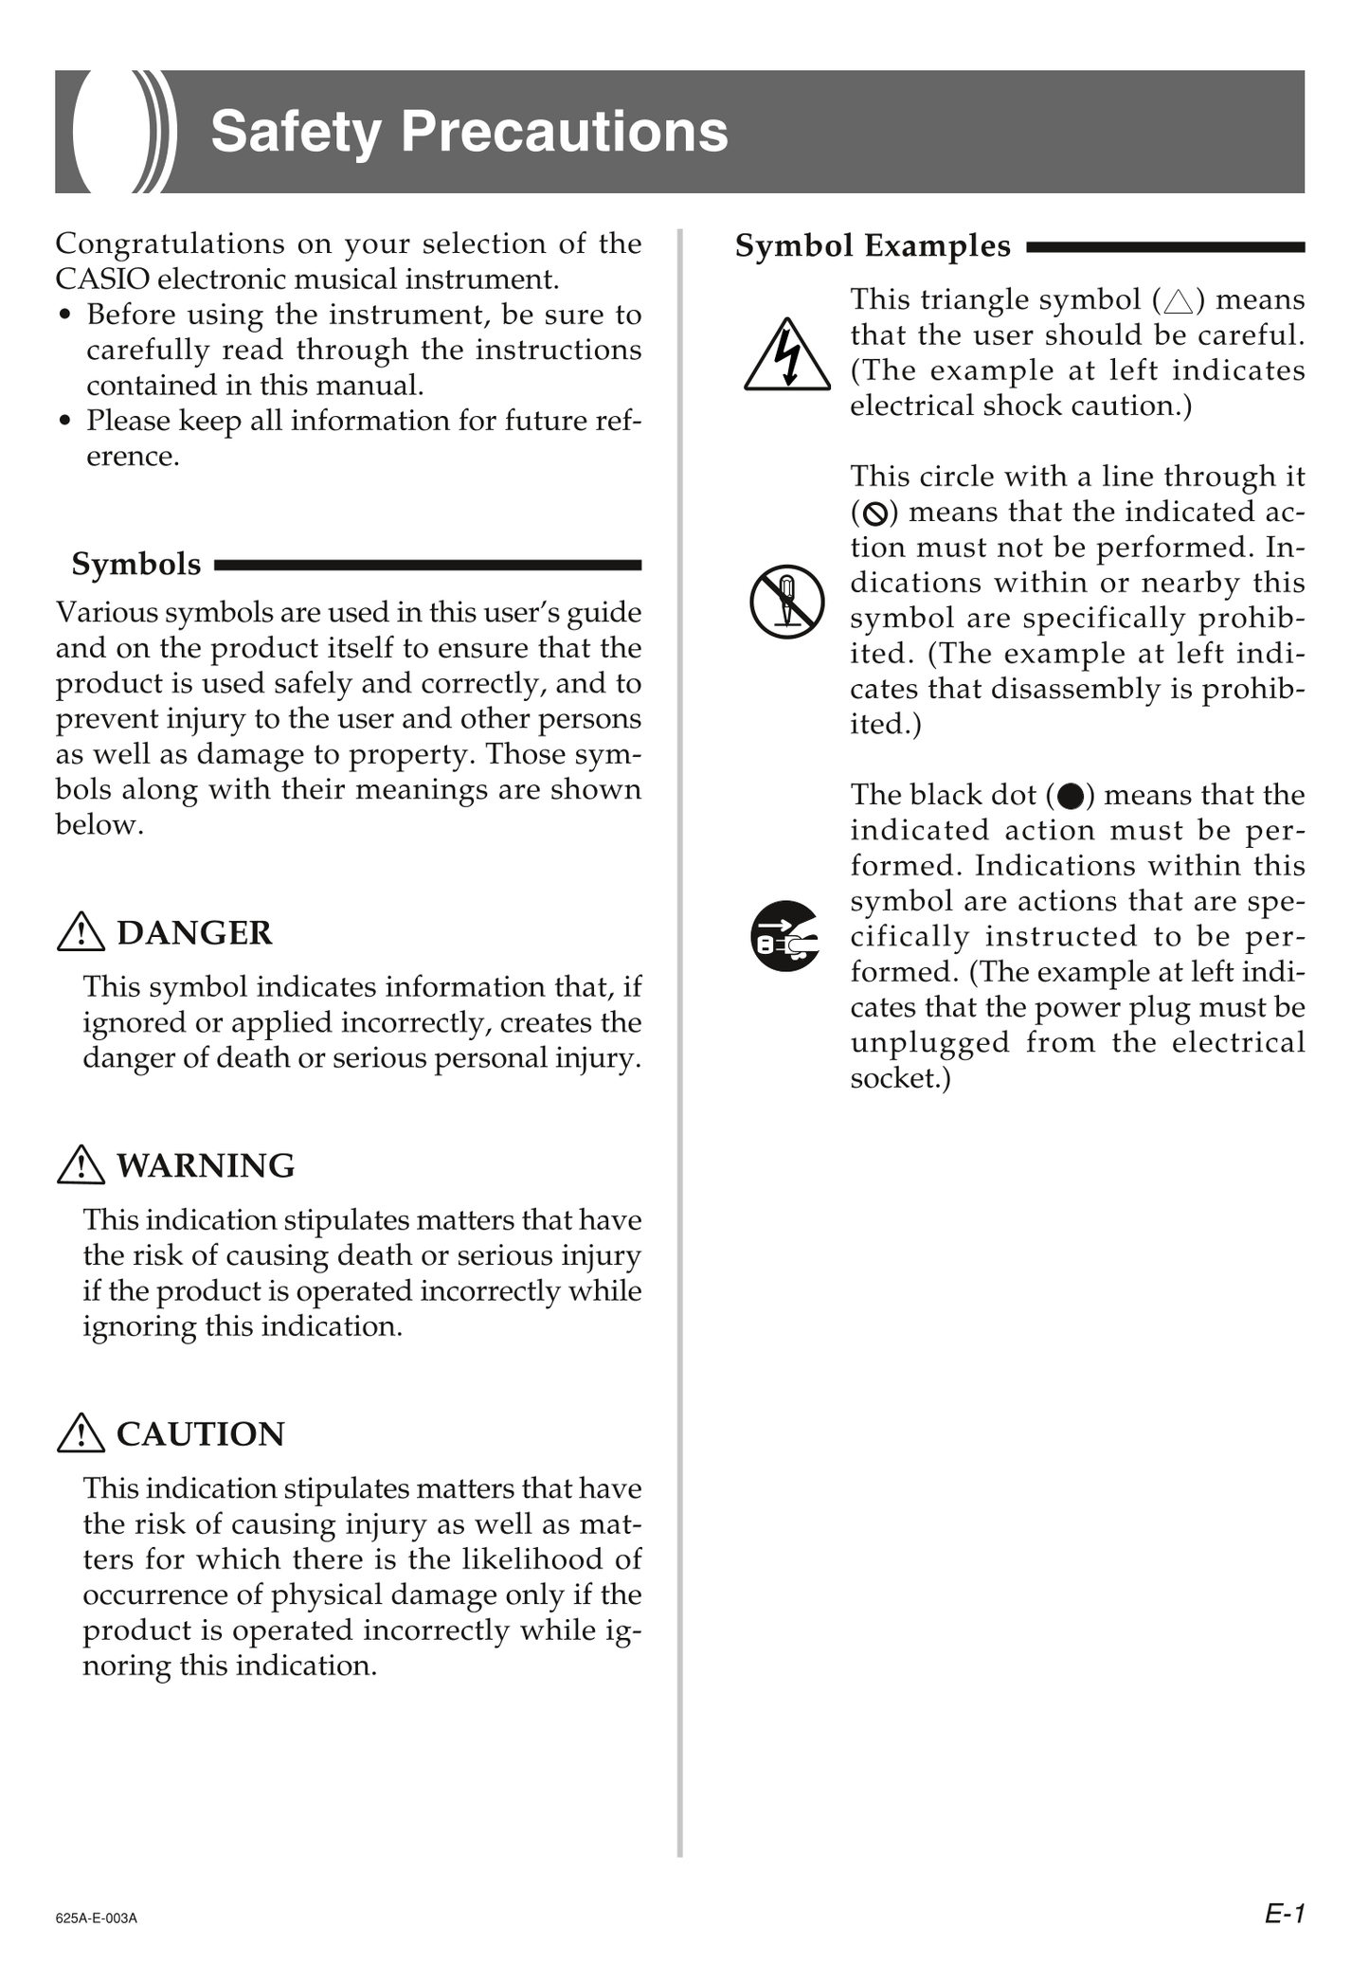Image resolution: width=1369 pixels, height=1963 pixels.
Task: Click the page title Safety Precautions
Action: click(469, 132)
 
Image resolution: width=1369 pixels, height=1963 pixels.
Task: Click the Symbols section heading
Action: click(136, 565)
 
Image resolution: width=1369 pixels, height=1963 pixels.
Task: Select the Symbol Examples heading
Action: click(873, 246)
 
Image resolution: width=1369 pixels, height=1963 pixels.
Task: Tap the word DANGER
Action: click(194, 933)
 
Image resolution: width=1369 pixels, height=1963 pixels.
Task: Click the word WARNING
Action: click(206, 1165)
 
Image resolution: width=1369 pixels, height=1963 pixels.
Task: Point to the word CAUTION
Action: click(200, 1434)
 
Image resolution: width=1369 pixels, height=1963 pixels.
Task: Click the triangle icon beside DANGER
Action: click(81, 933)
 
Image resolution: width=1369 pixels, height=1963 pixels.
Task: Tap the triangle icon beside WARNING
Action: click(81, 1165)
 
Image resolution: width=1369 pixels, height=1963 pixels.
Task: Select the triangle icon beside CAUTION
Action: click(81, 1434)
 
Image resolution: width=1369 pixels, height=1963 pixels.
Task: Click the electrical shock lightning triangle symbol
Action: click(787, 356)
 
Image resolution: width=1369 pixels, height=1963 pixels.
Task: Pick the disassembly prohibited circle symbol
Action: click(786, 602)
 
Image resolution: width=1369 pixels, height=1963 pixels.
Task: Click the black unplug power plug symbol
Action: click(785, 936)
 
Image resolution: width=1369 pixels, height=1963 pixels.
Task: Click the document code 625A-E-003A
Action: click(97, 1918)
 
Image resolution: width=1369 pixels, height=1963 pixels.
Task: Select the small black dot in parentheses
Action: click(1071, 796)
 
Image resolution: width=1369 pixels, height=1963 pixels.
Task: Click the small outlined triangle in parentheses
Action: click(1179, 302)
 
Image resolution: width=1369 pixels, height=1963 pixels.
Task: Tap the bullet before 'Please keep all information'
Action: click(64, 421)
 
